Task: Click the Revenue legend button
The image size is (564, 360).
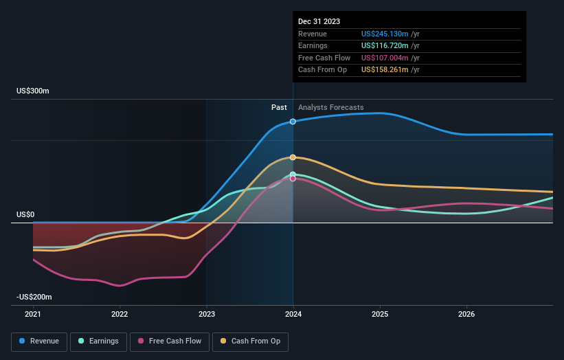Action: pos(39,341)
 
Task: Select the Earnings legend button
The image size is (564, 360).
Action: pos(98,341)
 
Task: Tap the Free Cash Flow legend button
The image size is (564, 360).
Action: pos(170,341)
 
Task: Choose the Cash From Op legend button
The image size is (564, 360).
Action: pos(250,341)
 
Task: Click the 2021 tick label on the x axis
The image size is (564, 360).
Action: pos(33,315)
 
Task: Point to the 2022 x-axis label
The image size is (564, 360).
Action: pos(120,315)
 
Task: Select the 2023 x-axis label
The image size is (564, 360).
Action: pos(207,315)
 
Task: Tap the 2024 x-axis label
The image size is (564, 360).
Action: pos(293,315)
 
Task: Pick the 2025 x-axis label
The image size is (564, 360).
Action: pos(380,315)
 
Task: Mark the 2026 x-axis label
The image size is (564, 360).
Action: pos(466,315)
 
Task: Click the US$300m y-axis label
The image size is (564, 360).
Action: pos(33,91)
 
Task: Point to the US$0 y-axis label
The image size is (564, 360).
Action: pos(26,215)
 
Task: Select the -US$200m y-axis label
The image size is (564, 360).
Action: pos(35,297)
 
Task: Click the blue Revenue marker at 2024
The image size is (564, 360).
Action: pos(293,122)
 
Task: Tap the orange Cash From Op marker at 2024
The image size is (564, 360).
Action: pos(293,157)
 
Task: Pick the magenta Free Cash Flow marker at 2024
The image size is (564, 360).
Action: pos(293,179)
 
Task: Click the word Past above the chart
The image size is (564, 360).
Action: pos(279,107)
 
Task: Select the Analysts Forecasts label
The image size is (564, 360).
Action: pos(331,107)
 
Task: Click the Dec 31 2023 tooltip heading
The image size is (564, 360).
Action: pos(319,22)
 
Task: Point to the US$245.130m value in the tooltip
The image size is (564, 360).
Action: pos(385,34)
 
